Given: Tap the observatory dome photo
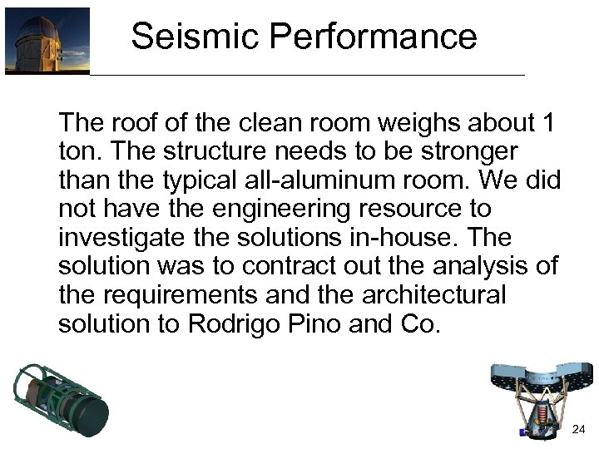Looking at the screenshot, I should [x=47, y=41].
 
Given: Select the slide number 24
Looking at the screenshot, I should [x=579, y=429].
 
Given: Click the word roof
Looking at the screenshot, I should [x=136, y=124].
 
